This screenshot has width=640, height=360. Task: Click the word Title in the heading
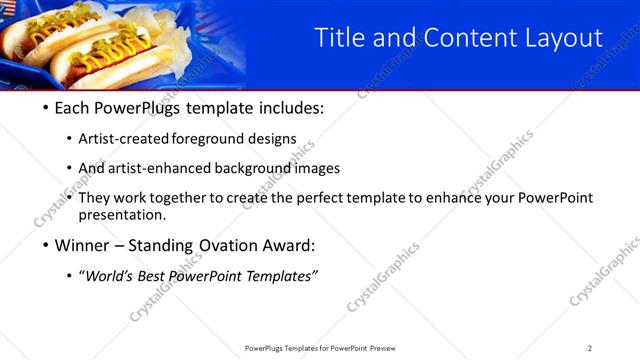(x=339, y=38)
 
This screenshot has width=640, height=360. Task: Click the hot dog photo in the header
(x=120, y=45)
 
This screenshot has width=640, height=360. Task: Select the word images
(x=318, y=168)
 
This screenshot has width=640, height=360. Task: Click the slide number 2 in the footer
(x=590, y=348)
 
